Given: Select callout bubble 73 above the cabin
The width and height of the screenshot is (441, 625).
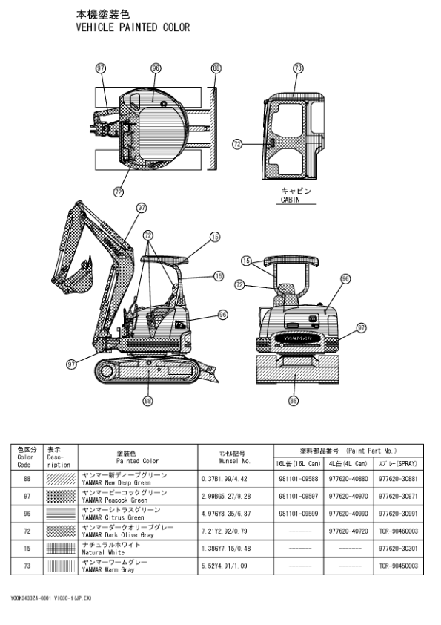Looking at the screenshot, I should click(298, 68).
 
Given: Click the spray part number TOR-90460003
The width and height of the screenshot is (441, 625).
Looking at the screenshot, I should click(398, 531).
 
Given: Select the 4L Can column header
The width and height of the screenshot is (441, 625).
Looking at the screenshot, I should click(348, 463).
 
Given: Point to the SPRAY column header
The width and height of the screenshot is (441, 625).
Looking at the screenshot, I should click(398, 463).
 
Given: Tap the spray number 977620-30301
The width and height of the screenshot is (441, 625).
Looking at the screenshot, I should click(398, 549).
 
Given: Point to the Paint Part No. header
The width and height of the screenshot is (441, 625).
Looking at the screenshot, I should click(348, 450).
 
